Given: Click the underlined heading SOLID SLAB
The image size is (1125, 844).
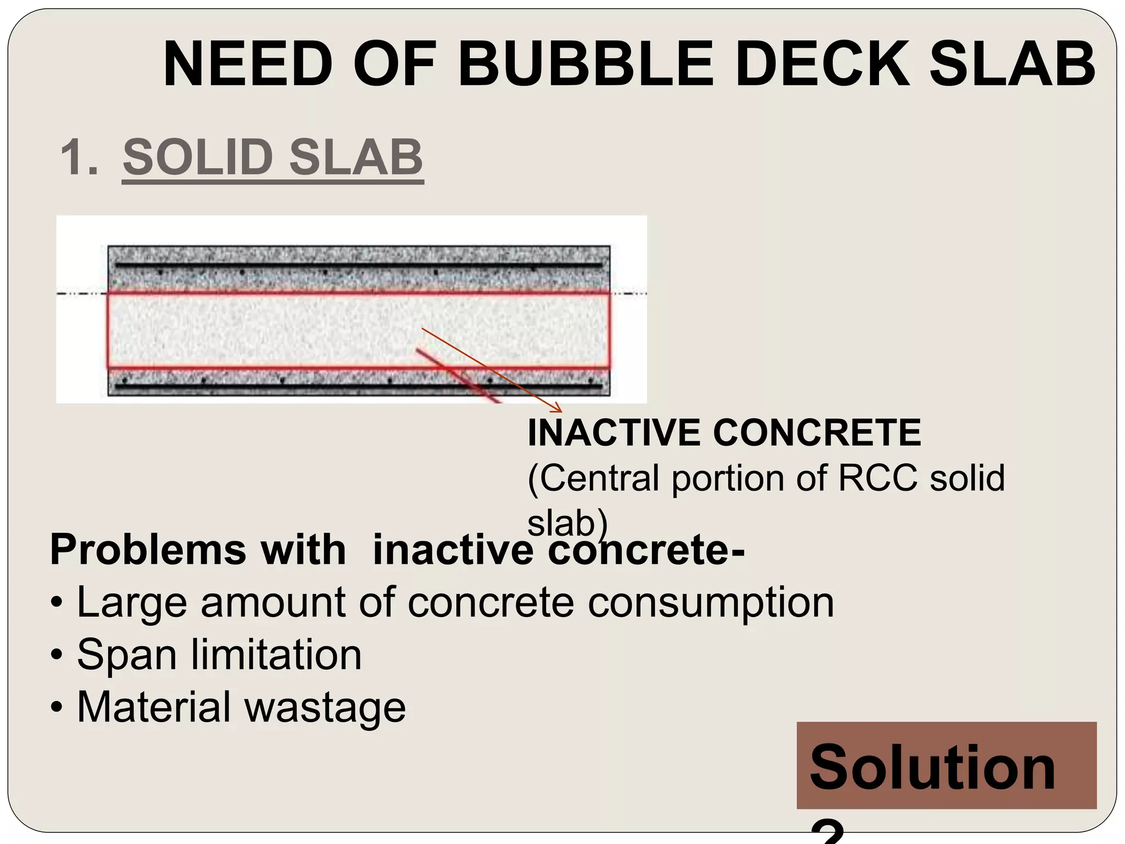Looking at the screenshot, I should [273, 158].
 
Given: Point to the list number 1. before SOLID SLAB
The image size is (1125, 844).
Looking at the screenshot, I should [80, 158].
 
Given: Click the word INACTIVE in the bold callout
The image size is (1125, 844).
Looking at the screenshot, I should [614, 433].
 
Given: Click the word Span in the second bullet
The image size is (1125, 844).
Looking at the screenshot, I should [127, 655].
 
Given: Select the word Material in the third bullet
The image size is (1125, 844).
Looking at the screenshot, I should [154, 707].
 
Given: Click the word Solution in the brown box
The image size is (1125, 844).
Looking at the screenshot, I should [932, 767].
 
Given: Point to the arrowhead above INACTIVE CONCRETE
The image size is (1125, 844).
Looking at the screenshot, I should [559, 409].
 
